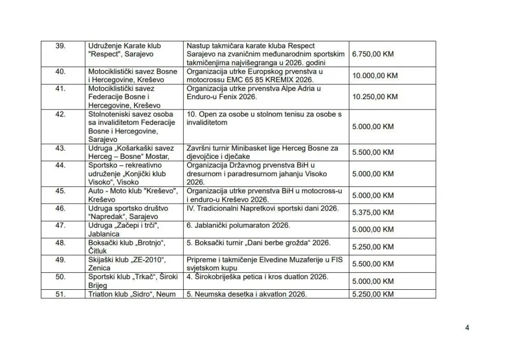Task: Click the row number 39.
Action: click(60, 46)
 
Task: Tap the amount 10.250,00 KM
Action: click(375, 97)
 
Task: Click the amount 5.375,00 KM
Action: click(373, 212)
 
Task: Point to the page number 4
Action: click(467, 327)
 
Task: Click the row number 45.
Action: click(60, 191)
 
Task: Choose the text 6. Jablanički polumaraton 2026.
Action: click(238, 226)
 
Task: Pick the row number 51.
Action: click(60, 294)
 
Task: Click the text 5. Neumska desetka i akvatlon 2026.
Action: click(247, 294)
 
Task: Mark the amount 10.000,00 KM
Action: click(375, 76)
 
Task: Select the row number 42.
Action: click(60, 115)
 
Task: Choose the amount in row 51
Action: click(373, 294)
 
